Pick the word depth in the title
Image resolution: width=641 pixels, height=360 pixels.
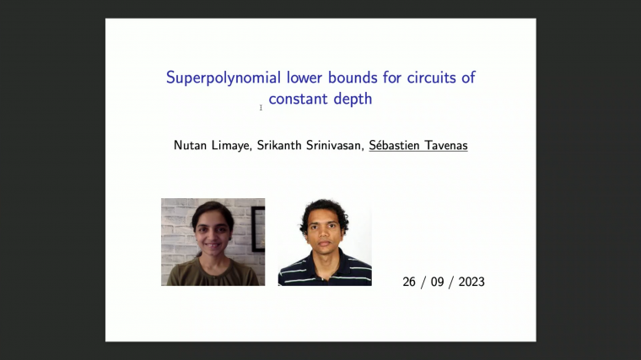354,99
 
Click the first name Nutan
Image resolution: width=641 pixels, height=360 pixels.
191,145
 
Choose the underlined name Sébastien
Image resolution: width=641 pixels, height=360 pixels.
400,145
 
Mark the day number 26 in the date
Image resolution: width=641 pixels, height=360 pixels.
410,282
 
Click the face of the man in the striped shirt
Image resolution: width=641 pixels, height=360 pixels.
324,228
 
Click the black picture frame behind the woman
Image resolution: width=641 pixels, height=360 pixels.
258,228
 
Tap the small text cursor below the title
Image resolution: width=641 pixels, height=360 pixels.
261,107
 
